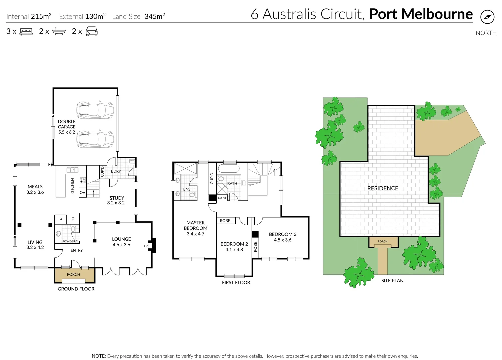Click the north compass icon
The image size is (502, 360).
coord(487,17)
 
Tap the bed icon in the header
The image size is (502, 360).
coord(26,32)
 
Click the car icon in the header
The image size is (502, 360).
coord(92,32)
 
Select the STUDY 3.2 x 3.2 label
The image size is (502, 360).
coord(116,200)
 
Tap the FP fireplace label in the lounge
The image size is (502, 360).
coord(146,246)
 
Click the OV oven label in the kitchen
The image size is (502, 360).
coord(82,193)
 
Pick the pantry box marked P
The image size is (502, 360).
coord(61,219)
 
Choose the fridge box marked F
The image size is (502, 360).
coord(73,219)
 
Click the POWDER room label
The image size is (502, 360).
coord(69,241)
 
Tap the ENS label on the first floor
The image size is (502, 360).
coord(187,189)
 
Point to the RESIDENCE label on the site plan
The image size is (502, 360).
coord(383,188)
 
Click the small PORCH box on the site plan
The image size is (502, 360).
coord(383,242)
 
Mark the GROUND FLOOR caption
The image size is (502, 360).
coord(76,289)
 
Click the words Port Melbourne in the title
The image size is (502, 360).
coord(421,14)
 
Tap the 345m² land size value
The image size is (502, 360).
coord(155,16)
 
